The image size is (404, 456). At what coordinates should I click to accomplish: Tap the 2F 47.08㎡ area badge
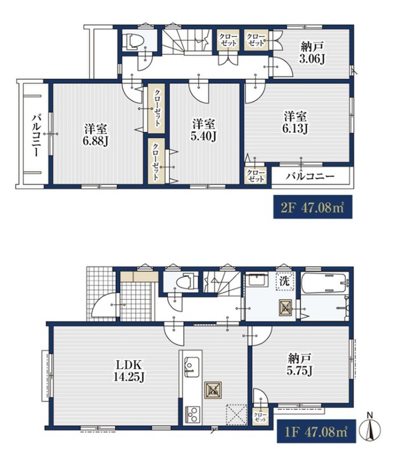[x=313, y=207]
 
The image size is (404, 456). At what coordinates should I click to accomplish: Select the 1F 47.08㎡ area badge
[x=316, y=431]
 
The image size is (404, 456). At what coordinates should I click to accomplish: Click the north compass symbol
[x=370, y=427]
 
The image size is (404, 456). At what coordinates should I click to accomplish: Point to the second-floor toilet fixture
[x=134, y=40]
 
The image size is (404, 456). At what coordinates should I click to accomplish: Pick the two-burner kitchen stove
[x=192, y=414]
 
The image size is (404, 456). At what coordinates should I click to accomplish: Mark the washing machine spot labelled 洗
[x=284, y=281]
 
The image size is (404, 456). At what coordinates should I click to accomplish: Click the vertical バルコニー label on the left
[x=36, y=136]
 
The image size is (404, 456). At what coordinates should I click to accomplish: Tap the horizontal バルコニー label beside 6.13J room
[x=310, y=176]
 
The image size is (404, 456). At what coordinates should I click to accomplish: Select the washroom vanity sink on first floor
[x=257, y=280]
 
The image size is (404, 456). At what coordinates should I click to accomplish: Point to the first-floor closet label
[x=260, y=418]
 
